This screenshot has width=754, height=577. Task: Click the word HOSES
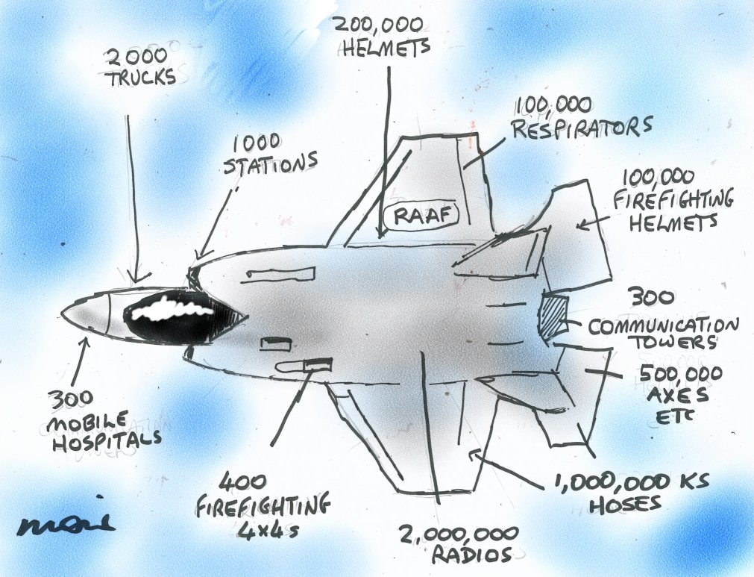coord(625,503)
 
